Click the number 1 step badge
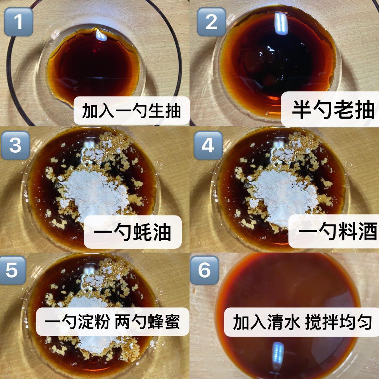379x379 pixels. coord(19,22)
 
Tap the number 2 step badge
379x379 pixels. coord(212,22)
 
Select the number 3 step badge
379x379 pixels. coord(15,145)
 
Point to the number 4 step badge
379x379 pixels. coord(208,145)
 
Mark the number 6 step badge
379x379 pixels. coord(205,270)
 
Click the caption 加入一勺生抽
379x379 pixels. coord(132,111)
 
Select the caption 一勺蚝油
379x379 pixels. coord(132,232)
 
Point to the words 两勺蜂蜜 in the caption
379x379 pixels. coord(147,322)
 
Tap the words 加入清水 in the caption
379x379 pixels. coord(267,322)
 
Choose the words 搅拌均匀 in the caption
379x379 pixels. coord(338,322)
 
